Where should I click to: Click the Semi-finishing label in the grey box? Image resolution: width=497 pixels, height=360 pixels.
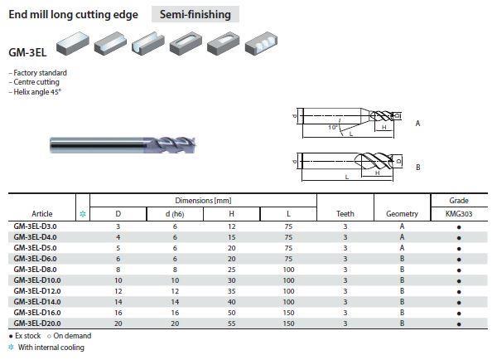(x=195, y=14)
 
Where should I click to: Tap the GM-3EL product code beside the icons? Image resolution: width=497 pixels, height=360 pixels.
(x=27, y=52)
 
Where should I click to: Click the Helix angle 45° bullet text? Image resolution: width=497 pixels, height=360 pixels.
(x=35, y=92)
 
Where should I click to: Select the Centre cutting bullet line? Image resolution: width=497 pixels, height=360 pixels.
(x=34, y=82)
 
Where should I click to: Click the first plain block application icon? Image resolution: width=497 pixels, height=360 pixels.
(x=73, y=43)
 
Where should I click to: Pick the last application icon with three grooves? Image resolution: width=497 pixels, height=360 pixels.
(x=261, y=43)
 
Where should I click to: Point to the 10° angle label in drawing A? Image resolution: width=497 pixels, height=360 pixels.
(x=332, y=127)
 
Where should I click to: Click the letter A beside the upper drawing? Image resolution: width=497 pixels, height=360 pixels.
(x=417, y=123)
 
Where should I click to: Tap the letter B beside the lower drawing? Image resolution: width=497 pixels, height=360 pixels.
(x=418, y=168)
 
